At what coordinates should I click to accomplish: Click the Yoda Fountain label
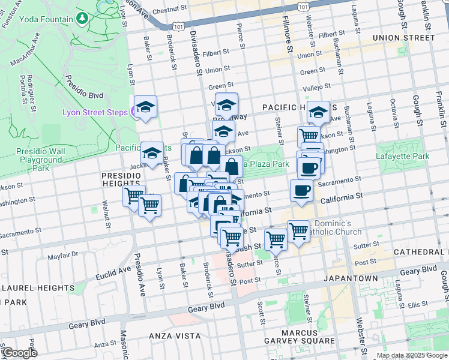coord(41,19)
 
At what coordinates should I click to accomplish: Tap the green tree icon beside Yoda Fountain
coord(82,19)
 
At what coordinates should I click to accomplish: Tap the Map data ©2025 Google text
coord(412,355)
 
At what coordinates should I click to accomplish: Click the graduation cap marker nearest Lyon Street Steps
coord(145,107)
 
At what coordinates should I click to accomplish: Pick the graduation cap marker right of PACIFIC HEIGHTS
coord(318,112)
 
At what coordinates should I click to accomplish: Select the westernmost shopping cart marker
coord(133,194)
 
